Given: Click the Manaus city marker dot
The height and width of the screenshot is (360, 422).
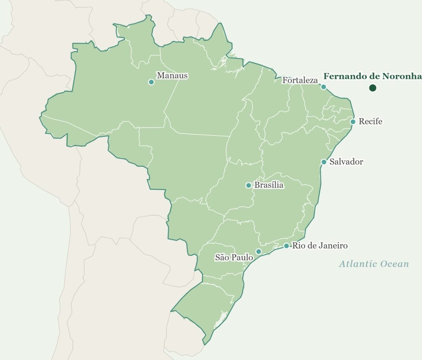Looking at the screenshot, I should tap(151, 82).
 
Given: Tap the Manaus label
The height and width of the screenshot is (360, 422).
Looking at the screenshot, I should tap(172, 76).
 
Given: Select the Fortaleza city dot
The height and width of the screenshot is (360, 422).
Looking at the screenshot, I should tap(324, 87).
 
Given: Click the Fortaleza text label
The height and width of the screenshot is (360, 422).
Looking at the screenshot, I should tap(300, 80).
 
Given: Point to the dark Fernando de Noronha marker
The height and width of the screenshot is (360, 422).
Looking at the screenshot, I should tap(373, 88).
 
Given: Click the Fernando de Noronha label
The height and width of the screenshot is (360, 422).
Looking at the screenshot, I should tap(373, 76).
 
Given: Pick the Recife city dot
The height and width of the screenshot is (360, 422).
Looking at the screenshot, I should tap(353, 122).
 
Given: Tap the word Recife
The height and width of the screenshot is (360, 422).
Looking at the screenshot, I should tap(370, 122).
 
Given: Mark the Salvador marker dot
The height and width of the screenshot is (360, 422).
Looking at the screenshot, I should tap(324, 162).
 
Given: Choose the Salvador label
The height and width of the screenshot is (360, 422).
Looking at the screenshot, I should tap(346, 162).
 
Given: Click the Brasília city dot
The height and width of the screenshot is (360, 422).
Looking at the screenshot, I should tap(249, 185).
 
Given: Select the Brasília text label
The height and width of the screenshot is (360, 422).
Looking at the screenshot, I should tap(269, 185).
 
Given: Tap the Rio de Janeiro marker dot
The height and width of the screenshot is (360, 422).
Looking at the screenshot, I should tap(286, 246).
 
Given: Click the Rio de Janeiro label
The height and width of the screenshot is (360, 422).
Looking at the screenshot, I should tap(320, 246).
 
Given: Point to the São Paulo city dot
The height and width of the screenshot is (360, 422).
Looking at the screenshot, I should tap(259, 252).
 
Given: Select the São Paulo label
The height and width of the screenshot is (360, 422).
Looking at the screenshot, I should tap(234, 257).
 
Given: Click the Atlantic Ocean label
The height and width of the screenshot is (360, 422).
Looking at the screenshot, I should tap(374, 264).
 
